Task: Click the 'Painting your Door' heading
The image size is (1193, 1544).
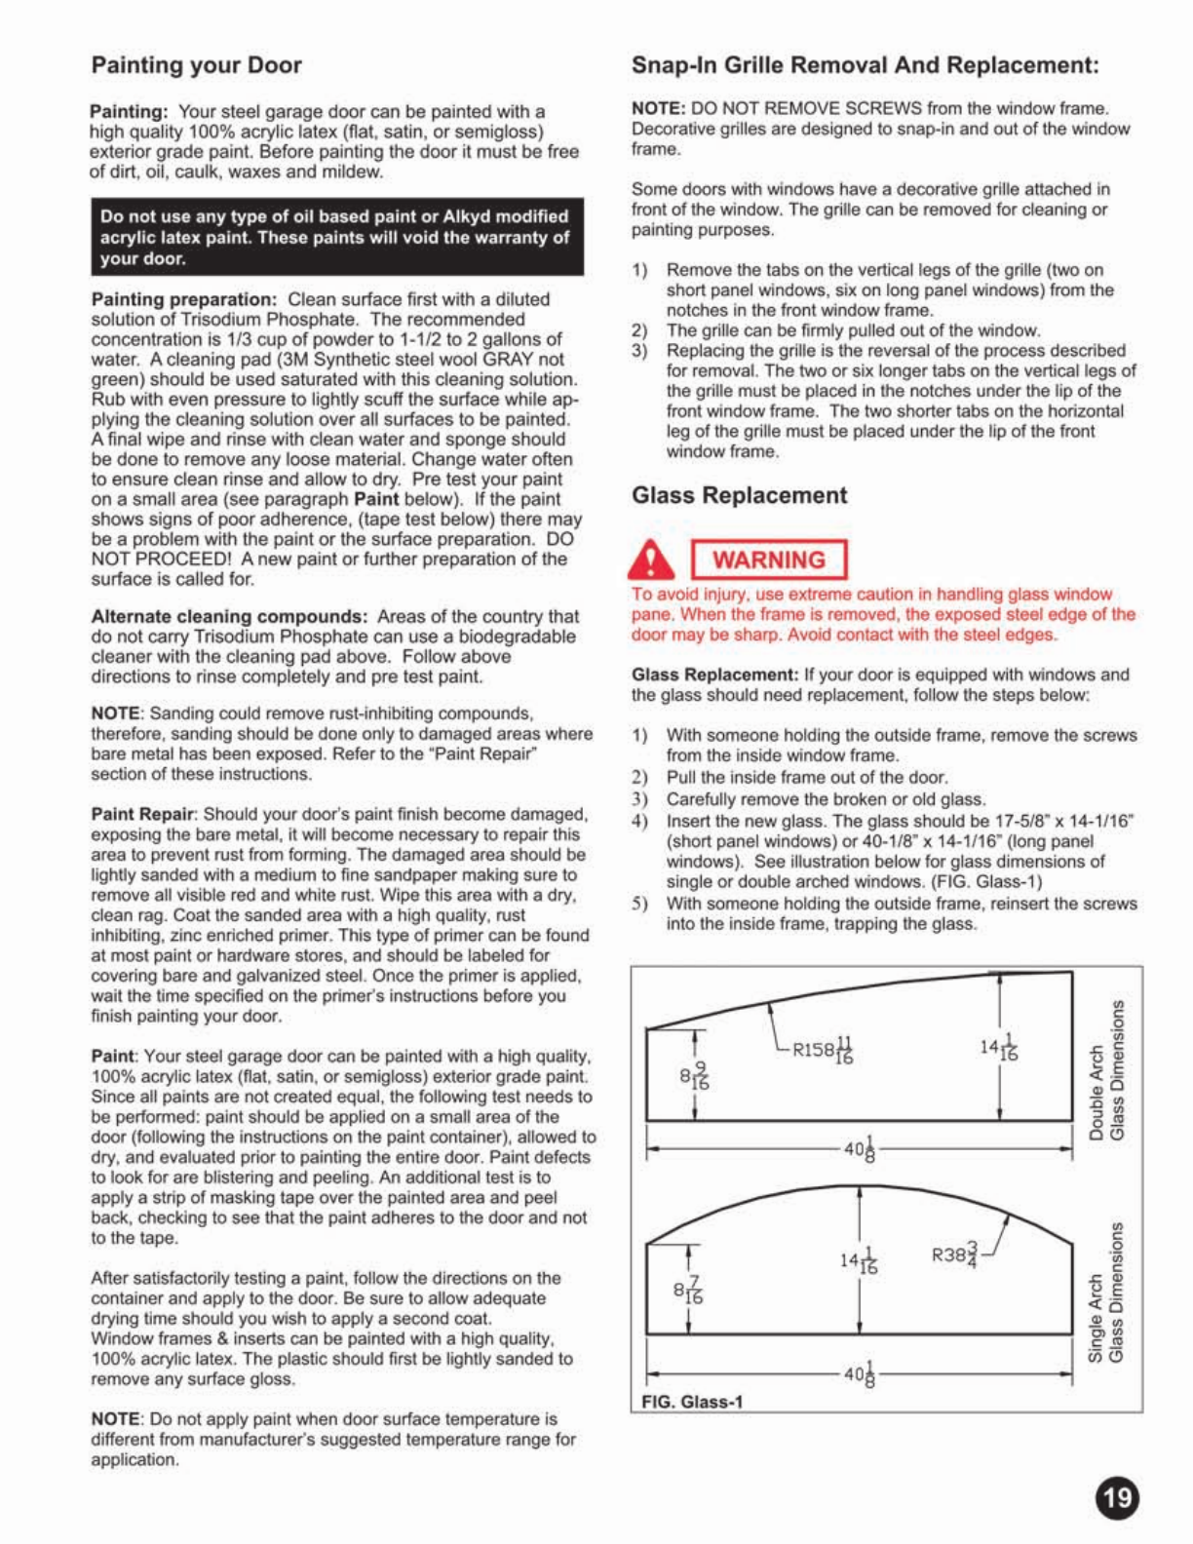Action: point(196,65)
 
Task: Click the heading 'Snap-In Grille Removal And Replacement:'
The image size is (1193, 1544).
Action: point(865,65)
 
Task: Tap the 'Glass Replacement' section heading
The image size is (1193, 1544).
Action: point(739,495)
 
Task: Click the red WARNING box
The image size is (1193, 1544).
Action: point(768,560)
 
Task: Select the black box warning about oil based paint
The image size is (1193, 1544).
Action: point(336,237)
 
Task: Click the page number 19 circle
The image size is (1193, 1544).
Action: point(1117,1497)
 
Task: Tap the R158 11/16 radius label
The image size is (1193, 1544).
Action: point(823,1049)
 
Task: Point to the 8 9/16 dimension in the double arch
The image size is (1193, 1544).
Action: point(694,1077)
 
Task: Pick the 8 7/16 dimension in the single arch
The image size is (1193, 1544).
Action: point(688,1290)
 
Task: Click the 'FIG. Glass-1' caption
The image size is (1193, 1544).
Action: point(692,1402)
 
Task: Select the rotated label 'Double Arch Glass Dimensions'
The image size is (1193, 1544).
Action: point(1107,1069)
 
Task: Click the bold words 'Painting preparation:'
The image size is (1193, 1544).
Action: point(184,299)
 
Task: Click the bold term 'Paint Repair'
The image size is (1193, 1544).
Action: point(143,814)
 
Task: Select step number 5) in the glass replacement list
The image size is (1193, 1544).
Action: point(639,904)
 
